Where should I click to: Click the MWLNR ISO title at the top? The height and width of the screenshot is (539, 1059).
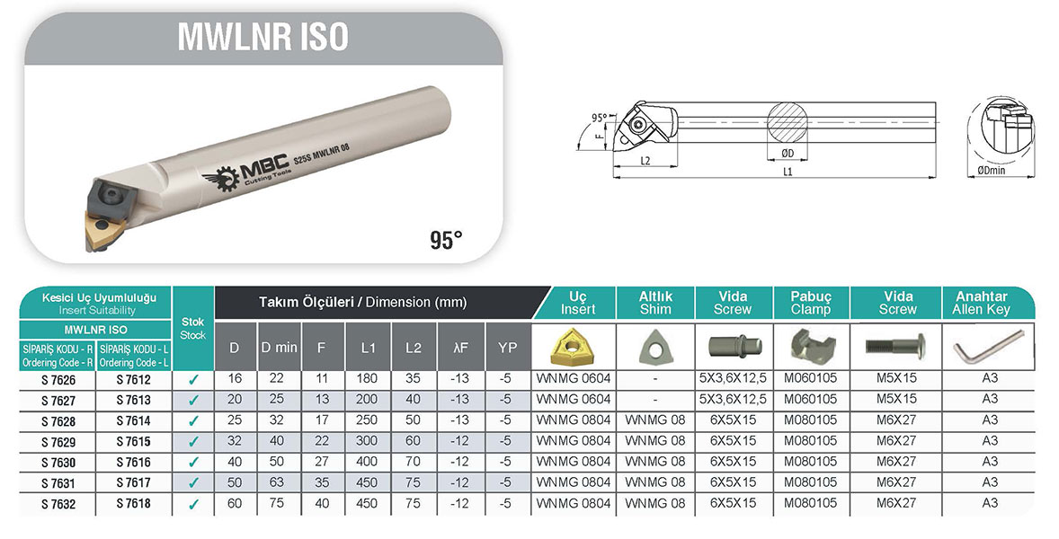(263, 37)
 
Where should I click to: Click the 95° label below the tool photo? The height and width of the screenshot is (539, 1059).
(446, 240)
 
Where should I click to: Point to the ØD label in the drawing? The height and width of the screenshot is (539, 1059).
(788, 154)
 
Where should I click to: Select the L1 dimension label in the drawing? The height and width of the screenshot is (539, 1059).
(787, 172)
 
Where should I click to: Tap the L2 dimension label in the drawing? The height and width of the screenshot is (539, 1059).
(645, 161)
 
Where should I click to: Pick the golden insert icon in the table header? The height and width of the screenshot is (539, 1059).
(572, 348)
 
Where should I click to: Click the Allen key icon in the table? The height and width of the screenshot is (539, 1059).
(987, 348)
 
